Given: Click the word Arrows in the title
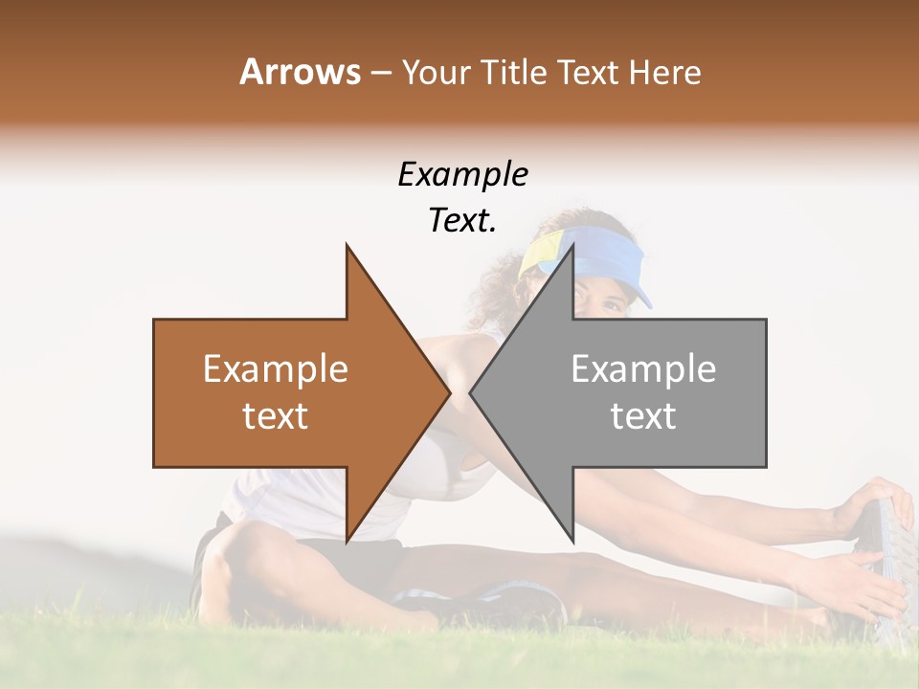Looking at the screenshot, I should (300, 72).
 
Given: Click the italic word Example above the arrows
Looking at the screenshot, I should (462, 175).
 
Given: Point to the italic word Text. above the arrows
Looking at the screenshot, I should (462, 220).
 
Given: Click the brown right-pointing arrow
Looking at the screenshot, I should (287, 392).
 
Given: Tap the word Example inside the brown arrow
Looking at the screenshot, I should (276, 369).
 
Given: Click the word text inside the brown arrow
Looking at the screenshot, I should (276, 416).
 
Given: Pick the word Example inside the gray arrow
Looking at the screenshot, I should (643, 369).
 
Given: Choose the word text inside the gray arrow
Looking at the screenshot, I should (643, 416).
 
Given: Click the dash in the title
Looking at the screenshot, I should (379, 73).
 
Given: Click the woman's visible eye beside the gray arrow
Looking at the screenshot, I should (610, 304).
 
